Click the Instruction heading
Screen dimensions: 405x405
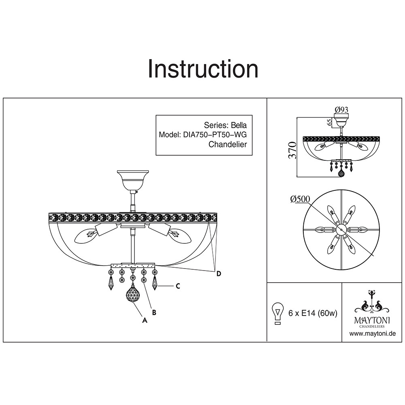click(203, 69)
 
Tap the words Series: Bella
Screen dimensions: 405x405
click(225, 125)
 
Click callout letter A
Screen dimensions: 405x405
click(144, 320)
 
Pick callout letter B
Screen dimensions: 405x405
click(154, 312)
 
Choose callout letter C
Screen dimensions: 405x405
click(177, 286)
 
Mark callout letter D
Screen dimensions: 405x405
click(219, 274)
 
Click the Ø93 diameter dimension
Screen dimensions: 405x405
click(342, 109)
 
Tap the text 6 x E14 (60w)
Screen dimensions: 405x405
click(313, 313)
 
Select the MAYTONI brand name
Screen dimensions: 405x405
click(373, 320)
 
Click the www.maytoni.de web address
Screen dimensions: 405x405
click(372, 334)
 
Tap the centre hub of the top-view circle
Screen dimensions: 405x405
click(342, 230)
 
